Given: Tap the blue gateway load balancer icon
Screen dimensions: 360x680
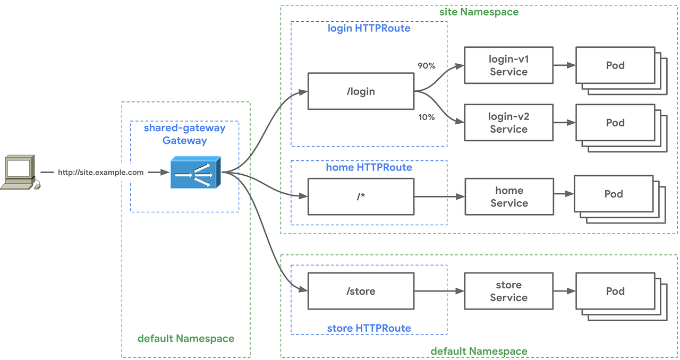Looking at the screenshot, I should point(195,173).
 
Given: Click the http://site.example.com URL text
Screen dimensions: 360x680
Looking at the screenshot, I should point(100,173).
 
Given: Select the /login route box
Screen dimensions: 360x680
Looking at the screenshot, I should point(361,91).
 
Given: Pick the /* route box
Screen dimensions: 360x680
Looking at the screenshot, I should point(361,196).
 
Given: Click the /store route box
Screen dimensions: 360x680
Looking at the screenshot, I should point(361,291).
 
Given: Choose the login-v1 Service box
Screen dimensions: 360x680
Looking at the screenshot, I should point(508,65).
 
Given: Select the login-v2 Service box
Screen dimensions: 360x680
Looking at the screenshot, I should point(508,123).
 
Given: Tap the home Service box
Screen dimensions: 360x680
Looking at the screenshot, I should point(509,196).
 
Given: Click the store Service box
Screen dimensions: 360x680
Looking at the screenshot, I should point(508,291).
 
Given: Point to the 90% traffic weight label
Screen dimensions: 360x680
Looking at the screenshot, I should point(427,66).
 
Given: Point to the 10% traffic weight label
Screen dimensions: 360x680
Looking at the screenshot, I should point(427,117).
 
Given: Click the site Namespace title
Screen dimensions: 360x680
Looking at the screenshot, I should point(479,12).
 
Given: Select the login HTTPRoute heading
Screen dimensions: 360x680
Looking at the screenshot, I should point(369,29).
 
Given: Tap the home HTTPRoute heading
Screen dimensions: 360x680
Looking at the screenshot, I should point(369,168).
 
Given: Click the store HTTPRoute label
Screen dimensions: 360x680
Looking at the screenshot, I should point(369,328).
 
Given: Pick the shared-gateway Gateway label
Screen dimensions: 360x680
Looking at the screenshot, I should point(184,134).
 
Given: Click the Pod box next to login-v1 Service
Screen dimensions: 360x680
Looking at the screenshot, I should point(615,65).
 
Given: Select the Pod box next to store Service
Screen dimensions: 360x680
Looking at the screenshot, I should point(615,291).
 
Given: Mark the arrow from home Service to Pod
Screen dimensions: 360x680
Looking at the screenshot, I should point(564,194).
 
